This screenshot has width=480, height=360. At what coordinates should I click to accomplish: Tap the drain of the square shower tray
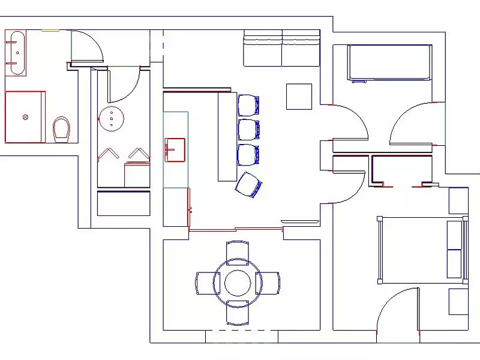pyautogui.click(x=25, y=117)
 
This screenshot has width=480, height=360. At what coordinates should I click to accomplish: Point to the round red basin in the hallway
pyautogui.click(x=111, y=118)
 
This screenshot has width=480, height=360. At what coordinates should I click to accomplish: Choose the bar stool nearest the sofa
pyautogui.click(x=248, y=105)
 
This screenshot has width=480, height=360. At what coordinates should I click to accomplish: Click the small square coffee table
pyautogui.click(x=298, y=97)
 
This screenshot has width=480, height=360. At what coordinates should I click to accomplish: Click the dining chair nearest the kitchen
pyautogui.click(x=238, y=251)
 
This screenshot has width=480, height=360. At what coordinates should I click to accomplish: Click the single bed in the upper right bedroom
pyautogui.click(x=390, y=62)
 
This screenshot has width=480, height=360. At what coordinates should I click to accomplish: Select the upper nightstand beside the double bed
pyautogui.click(x=458, y=200)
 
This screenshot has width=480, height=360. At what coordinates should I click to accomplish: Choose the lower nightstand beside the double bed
pyautogui.click(x=458, y=301)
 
